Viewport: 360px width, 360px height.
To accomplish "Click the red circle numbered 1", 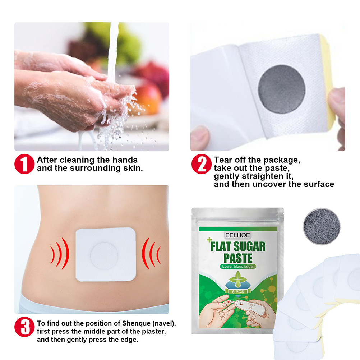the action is pos(24,164).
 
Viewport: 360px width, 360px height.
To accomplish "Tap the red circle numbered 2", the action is pos(201,164).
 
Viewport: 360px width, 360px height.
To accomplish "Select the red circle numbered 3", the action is pos(24,327).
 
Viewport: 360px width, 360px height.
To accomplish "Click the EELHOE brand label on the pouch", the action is pos(237,235).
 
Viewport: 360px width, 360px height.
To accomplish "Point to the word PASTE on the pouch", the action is pos(238,258).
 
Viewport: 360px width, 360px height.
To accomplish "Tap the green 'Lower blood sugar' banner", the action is pos(238,267).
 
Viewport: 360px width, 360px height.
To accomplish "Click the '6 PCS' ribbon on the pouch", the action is pos(238,292).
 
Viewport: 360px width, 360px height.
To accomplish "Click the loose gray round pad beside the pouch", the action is pos(322,227).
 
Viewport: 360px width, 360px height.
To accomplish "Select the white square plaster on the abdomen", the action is pos(106,254).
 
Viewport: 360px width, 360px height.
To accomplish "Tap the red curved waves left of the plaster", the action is pos(60,253).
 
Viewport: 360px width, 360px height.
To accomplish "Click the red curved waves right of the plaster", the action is pos(151,253).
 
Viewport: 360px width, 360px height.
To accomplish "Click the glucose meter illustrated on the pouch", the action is pos(247,308).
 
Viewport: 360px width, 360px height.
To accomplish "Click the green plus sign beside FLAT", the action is pos(209,240).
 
